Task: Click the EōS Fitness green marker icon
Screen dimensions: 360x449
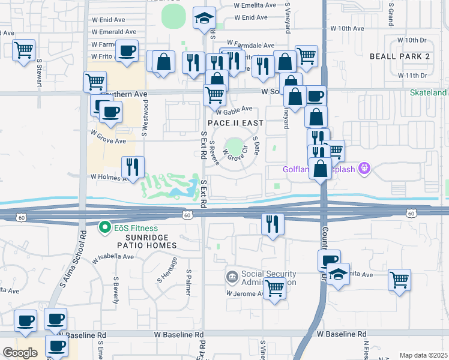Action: click(105, 228)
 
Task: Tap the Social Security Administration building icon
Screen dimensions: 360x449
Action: click(232, 277)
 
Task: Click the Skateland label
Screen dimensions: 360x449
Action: click(429, 93)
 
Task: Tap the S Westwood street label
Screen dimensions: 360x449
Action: click(145, 118)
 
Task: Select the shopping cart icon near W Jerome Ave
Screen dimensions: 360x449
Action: click(275, 288)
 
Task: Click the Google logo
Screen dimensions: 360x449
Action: click(20, 352)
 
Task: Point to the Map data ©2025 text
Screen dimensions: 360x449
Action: click(423, 355)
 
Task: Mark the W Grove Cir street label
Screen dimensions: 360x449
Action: click(235, 155)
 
